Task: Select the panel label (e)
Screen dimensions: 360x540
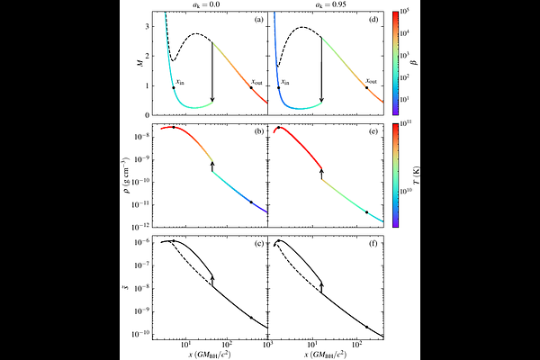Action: click(x=373, y=132)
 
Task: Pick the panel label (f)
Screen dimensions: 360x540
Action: click(x=373, y=244)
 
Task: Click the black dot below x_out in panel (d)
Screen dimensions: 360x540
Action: click(x=366, y=87)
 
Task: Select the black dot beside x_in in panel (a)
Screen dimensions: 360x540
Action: click(x=174, y=87)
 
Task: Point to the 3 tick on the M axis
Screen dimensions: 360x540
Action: click(x=146, y=28)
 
